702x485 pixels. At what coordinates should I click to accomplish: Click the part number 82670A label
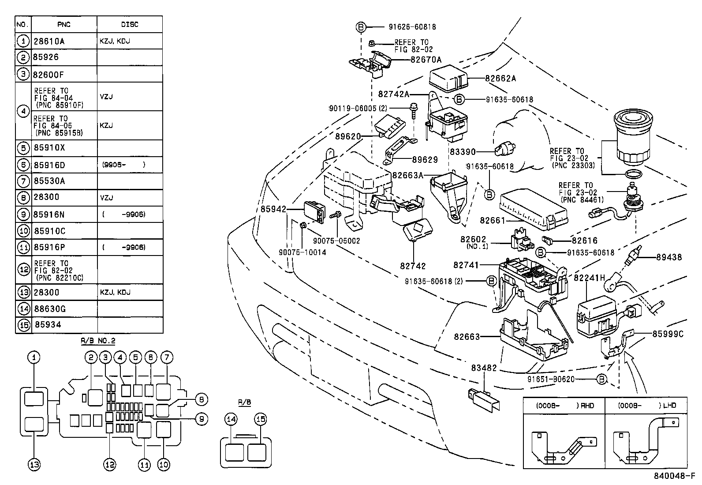[426, 60]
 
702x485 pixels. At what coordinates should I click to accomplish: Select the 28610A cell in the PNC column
[49, 41]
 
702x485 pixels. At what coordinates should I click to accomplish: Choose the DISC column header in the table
[129, 25]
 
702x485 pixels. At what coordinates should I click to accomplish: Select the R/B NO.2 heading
[98, 341]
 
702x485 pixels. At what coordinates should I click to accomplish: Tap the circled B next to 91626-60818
[361, 27]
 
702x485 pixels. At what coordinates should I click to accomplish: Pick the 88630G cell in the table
[49, 309]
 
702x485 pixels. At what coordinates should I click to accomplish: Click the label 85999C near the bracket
[668, 334]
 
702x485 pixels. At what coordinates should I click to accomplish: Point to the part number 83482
[484, 367]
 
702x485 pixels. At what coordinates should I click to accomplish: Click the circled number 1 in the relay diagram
[34, 357]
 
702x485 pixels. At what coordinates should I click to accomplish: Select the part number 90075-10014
[302, 252]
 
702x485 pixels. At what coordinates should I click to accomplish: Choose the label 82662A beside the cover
[500, 79]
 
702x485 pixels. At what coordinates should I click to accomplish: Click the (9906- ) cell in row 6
[123, 165]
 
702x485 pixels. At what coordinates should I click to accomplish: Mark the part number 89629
[425, 160]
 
